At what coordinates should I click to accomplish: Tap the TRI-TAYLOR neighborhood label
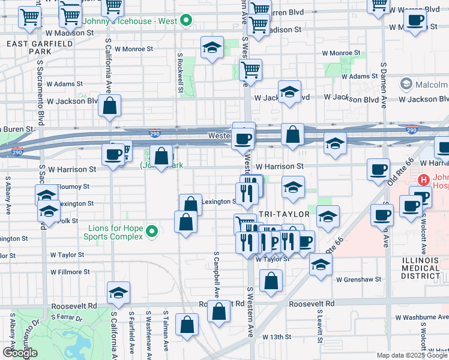click(x=284, y=214)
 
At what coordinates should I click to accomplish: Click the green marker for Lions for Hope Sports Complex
click(x=152, y=230)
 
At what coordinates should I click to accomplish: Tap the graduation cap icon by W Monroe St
click(x=212, y=48)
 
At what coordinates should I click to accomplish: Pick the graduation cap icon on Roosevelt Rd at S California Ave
click(x=119, y=293)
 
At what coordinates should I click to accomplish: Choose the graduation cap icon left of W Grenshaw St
click(x=321, y=264)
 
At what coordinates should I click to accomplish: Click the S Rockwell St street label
click(x=179, y=72)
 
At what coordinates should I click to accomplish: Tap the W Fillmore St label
click(x=70, y=272)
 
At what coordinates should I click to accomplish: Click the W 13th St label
click(x=279, y=337)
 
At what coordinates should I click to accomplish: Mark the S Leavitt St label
click(x=319, y=322)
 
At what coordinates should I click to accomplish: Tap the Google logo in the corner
click(x=20, y=353)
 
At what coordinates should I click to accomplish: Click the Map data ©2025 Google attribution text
click(x=411, y=355)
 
